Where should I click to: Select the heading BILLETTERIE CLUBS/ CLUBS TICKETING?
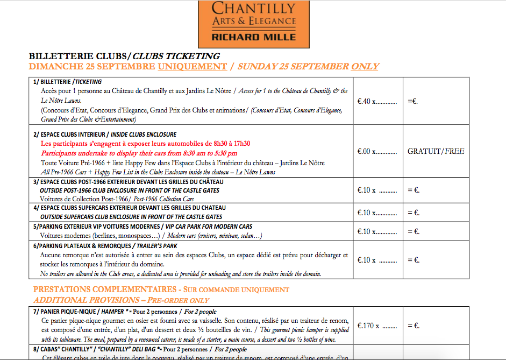124,56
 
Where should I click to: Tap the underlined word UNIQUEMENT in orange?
193,67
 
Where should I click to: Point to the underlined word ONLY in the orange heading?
365,67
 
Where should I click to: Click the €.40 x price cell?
377,101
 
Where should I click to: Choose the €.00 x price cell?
377,152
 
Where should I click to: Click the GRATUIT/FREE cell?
436,152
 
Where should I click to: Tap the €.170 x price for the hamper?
377,326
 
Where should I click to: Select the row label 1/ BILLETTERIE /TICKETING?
67,82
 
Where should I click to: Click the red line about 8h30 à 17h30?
145,144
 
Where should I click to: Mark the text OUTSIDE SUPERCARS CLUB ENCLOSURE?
131,217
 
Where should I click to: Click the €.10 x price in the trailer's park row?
377,260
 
